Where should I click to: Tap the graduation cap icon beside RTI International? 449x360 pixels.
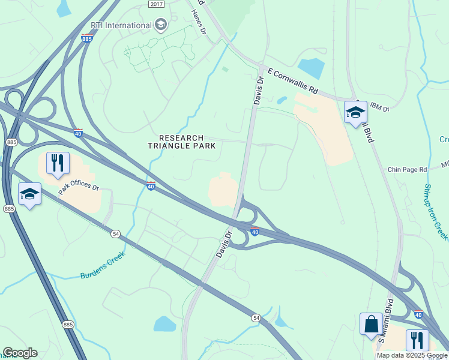(x=160, y=25)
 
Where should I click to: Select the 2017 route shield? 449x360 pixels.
(x=155, y=4)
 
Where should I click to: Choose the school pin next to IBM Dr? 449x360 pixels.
(x=355, y=112)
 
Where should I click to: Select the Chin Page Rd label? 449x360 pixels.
(x=406, y=170)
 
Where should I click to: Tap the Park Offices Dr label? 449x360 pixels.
(x=79, y=186)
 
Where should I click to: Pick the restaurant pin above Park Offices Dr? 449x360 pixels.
(x=58, y=163)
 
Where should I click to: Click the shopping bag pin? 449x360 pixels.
(x=371, y=324)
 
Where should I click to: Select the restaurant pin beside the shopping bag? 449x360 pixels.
(x=417, y=340)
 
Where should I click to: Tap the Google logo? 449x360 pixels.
(x=20, y=353)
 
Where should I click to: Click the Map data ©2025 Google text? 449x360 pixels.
(x=412, y=355)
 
